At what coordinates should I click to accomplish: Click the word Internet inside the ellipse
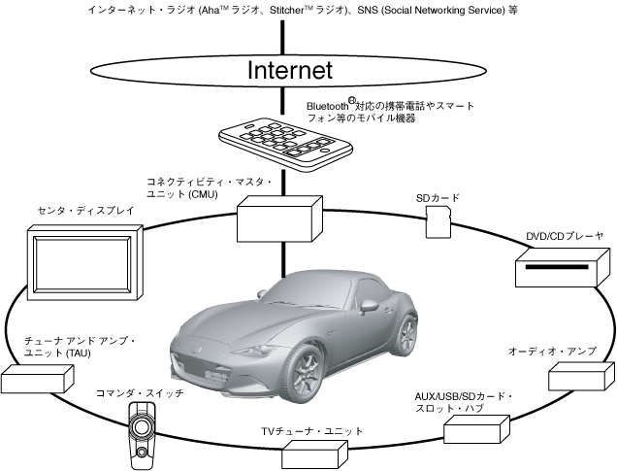[290, 70]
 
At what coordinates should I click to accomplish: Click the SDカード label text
[437, 198]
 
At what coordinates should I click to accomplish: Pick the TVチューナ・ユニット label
[311, 430]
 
